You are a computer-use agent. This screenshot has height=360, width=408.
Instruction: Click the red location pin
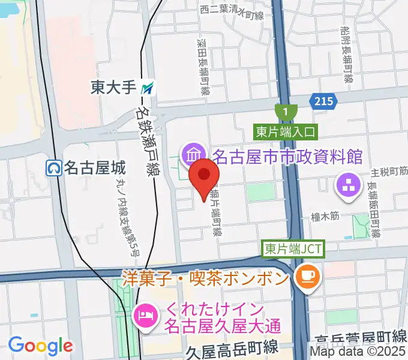coord(204,176)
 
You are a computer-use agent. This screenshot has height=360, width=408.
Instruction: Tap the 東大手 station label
coord(113,88)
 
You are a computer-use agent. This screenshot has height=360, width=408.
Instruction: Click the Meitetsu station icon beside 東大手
coord(148,88)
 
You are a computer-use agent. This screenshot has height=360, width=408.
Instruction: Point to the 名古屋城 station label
coord(89,167)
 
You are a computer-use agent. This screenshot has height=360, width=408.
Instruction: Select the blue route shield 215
coord(322,101)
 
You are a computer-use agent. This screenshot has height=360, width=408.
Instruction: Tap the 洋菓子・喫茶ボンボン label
coord(206,277)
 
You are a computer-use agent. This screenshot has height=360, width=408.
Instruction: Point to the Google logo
coord(41,345)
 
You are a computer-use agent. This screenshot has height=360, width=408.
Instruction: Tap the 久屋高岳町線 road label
coord(231,348)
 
